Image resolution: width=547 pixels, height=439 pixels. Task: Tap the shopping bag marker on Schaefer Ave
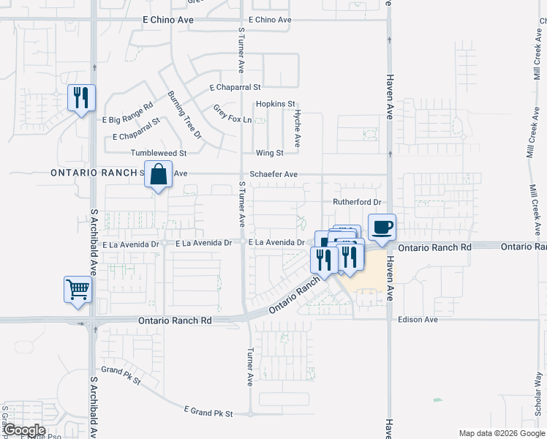(x=158, y=175)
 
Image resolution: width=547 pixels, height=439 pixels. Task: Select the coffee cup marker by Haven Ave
(x=381, y=227)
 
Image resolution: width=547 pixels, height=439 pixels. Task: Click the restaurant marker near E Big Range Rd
(x=80, y=97)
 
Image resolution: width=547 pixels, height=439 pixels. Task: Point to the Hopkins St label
(x=275, y=105)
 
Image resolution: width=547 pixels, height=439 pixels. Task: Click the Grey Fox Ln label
(x=233, y=114)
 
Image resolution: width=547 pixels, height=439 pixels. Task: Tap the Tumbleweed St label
(x=159, y=153)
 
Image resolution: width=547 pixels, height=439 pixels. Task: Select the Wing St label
(x=269, y=153)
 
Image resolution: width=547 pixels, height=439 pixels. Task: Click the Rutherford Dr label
(x=358, y=202)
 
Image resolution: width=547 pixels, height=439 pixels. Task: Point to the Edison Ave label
(x=418, y=320)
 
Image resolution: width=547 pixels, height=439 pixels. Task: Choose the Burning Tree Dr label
(x=184, y=115)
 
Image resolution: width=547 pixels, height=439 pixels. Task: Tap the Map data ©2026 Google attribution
(x=500, y=433)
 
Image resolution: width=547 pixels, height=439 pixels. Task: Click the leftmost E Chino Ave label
(x=170, y=20)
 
